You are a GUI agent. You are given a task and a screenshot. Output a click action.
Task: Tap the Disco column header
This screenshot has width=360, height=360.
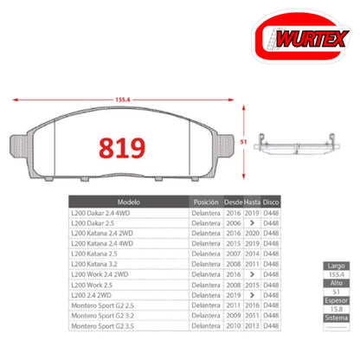[271, 201]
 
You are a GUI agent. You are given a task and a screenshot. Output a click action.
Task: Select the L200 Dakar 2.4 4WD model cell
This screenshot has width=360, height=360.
[103, 212]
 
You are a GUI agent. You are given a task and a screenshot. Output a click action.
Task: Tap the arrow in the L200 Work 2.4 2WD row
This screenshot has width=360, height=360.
[252, 275]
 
